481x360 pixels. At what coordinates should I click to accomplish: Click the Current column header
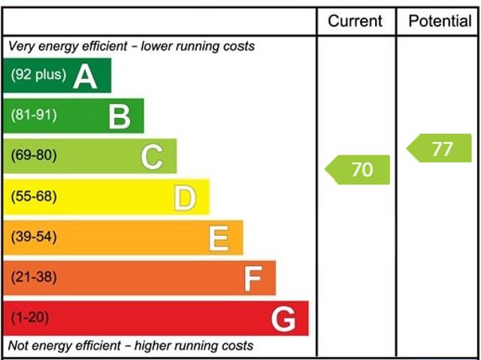pyautogui.click(x=355, y=21)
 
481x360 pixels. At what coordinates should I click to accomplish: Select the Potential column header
pyautogui.click(x=440, y=21)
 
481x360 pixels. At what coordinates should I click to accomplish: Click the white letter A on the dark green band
pyautogui.click(x=85, y=76)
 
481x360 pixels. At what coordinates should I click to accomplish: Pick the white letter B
pyautogui.click(x=119, y=116)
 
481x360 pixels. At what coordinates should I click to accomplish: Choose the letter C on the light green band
pyautogui.click(x=152, y=157)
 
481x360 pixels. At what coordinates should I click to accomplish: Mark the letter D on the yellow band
pyautogui.click(x=185, y=198)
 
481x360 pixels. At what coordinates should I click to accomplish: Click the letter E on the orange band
pyautogui.click(x=218, y=238)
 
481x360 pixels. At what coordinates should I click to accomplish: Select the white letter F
pyautogui.click(x=252, y=279)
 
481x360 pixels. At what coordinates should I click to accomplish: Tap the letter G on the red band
pyautogui.click(x=283, y=319)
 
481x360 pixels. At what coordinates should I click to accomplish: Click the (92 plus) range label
pyautogui.click(x=38, y=75)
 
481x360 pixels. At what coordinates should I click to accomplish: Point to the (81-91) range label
pyautogui.click(x=34, y=116)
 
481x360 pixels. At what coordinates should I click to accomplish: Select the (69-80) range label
pyautogui.click(x=34, y=156)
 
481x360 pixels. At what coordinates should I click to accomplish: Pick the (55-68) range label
pyautogui.click(x=34, y=197)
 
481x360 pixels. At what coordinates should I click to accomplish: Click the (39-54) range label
pyautogui.click(x=34, y=237)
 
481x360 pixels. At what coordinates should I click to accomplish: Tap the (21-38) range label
pyautogui.click(x=34, y=278)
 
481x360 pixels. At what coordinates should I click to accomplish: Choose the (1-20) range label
pyautogui.click(x=30, y=319)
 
